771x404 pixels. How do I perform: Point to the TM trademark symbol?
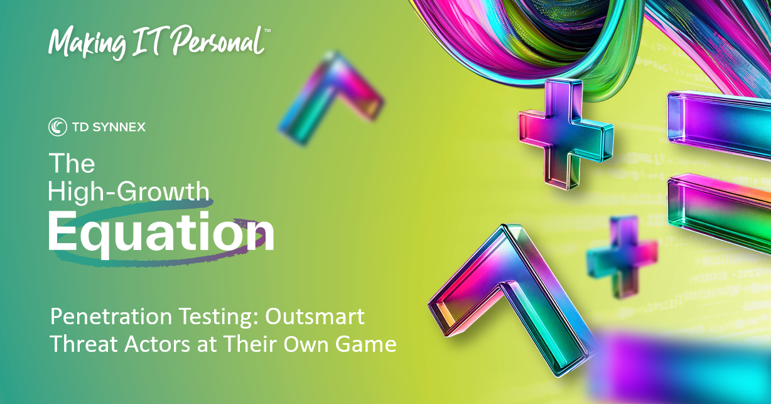[x=267, y=31]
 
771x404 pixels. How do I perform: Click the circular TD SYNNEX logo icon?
[x=58, y=127]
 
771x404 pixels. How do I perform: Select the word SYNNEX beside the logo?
[x=119, y=128]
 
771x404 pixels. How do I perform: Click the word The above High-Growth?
[x=72, y=163]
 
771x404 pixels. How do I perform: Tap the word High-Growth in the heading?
[x=129, y=191]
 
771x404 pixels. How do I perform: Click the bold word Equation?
[x=161, y=233]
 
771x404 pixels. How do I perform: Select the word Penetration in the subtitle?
[x=111, y=317]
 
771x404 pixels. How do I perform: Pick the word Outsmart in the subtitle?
[x=315, y=317]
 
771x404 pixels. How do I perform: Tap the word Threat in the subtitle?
[x=84, y=344]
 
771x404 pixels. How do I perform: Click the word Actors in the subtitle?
[x=158, y=344]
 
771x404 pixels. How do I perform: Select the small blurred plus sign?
[x=622, y=256]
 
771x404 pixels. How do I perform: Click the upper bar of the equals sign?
[x=720, y=123]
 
